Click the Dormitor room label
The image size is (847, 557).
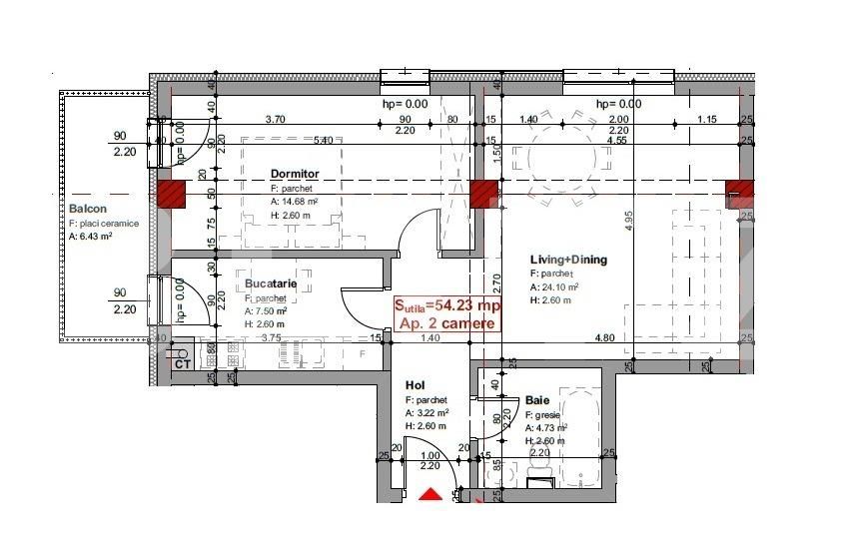tap(295, 174)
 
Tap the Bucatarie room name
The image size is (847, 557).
tap(271, 284)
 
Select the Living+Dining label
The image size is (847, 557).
tap(568, 261)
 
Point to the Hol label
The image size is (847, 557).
tap(416, 384)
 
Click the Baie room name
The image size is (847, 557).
tap(509, 400)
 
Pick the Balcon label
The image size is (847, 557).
tap(88, 209)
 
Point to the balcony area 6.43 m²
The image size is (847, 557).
tap(91, 237)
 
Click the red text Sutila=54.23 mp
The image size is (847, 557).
tap(445, 305)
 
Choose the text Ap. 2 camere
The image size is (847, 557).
tap(445, 323)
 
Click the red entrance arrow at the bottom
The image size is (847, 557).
tap(429, 494)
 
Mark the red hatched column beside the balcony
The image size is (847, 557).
tap(171, 195)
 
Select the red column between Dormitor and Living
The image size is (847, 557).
tap(484, 195)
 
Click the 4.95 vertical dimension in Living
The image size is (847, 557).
tap(630, 222)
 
